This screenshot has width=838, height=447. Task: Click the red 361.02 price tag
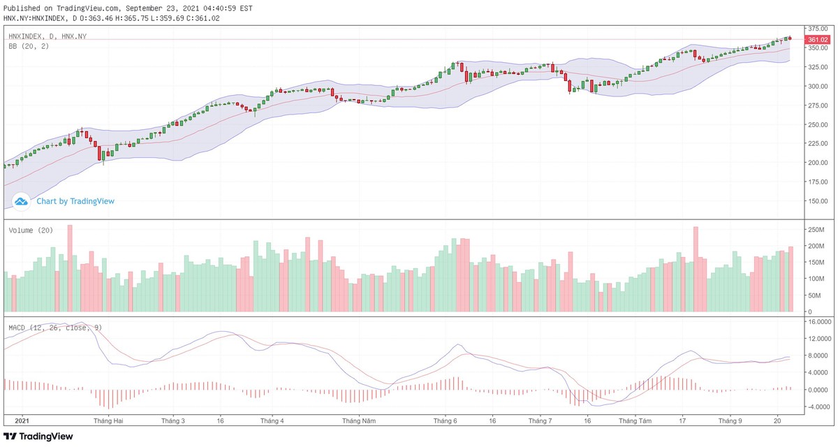[818, 39]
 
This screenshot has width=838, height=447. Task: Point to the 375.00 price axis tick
[818, 29]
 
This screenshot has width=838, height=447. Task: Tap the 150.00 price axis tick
[818, 201]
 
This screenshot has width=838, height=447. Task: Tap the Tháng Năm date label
[359, 421]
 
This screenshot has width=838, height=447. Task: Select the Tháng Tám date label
[635, 421]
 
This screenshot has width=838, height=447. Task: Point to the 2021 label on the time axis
[22, 421]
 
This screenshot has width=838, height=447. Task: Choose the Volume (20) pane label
[31, 230]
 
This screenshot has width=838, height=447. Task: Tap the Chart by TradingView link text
[75, 201]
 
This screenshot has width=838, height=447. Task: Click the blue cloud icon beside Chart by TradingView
[21, 201]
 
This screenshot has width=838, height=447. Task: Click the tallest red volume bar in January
[70, 268]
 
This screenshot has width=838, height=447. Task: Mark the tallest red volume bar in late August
[696, 269]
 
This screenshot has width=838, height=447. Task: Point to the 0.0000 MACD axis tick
[818, 390]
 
